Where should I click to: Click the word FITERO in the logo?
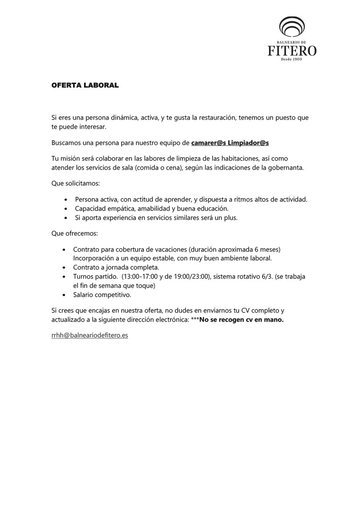292,51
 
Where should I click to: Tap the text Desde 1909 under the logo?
292,59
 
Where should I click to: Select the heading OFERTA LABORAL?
85,85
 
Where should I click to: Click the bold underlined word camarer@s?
209,142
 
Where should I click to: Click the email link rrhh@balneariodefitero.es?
90,336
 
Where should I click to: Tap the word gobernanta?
286,167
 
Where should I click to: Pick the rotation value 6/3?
256,276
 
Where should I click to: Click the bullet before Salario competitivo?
64,295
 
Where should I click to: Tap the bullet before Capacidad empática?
65,209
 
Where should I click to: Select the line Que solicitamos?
75,184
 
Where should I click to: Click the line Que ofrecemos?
74,233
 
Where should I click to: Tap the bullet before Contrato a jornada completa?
64,267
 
